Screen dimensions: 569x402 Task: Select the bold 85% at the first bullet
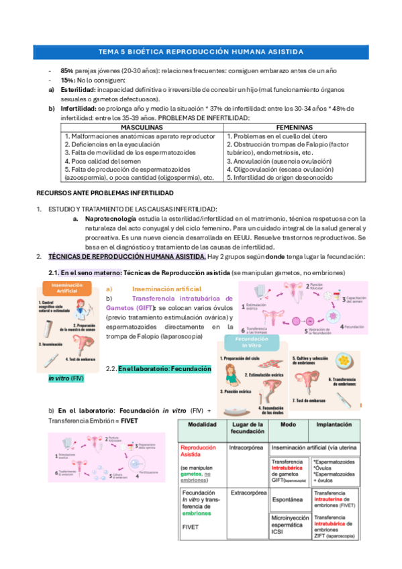[x=66, y=70]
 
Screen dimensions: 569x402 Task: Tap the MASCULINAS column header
[x=142, y=127]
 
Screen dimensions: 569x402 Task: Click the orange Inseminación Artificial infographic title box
[x=62, y=289]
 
